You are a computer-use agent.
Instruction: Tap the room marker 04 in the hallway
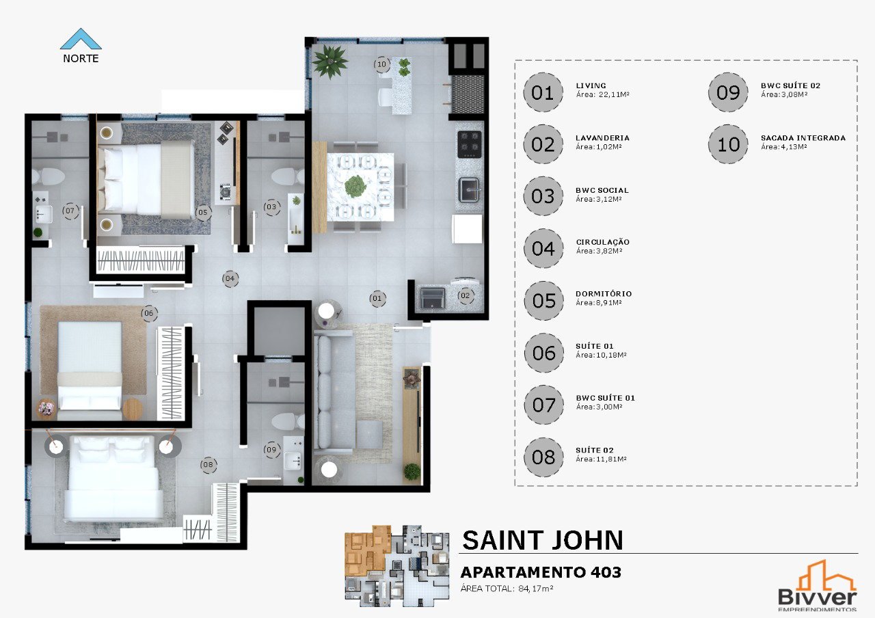[x=230, y=278]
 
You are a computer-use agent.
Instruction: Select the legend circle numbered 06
[x=543, y=353]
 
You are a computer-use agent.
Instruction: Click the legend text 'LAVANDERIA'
[x=602, y=138]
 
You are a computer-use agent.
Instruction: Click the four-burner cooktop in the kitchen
[x=470, y=144]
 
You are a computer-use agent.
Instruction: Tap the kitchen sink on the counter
[x=468, y=189]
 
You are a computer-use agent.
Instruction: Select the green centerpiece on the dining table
[x=355, y=187]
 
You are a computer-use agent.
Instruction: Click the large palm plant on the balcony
[x=330, y=62]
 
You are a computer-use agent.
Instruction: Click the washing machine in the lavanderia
[x=432, y=299]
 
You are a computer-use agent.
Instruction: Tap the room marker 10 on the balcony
[x=381, y=64]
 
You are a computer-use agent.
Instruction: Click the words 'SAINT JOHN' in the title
[x=542, y=540]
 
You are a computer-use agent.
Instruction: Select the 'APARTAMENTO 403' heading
[x=541, y=572]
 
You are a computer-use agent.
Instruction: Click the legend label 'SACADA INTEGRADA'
[x=803, y=138]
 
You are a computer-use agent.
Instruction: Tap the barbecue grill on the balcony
[x=468, y=94]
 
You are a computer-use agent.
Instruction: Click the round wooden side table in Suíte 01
[x=133, y=409]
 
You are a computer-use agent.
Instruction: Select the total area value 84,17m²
[x=535, y=589]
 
